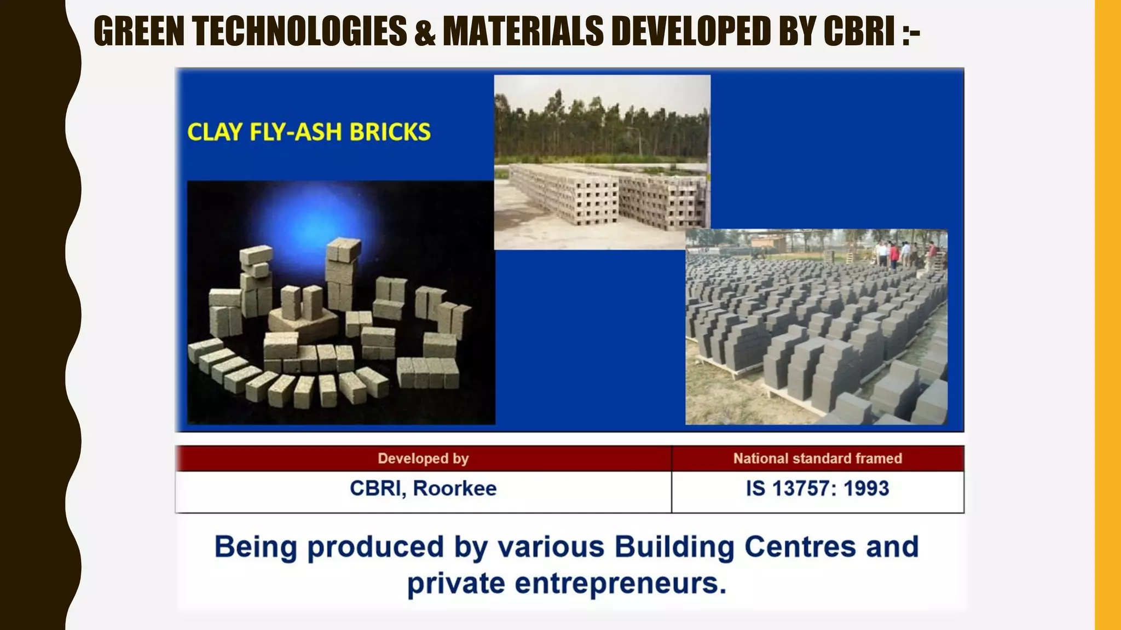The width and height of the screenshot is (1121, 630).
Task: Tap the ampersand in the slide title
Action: (x=425, y=31)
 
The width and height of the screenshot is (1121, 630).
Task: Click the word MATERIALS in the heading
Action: (x=523, y=31)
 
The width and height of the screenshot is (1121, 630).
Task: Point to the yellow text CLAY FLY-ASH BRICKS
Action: (x=309, y=132)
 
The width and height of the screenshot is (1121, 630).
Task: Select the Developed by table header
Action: (x=423, y=458)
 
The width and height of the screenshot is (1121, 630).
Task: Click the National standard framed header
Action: (x=817, y=458)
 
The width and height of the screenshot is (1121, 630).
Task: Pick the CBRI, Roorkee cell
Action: (x=423, y=488)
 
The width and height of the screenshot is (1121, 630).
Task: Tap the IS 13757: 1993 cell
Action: (x=817, y=488)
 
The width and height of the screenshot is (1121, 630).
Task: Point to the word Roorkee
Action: (x=454, y=488)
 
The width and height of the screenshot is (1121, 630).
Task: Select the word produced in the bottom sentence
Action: (x=375, y=547)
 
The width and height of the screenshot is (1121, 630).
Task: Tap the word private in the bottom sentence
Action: (x=456, y=584)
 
